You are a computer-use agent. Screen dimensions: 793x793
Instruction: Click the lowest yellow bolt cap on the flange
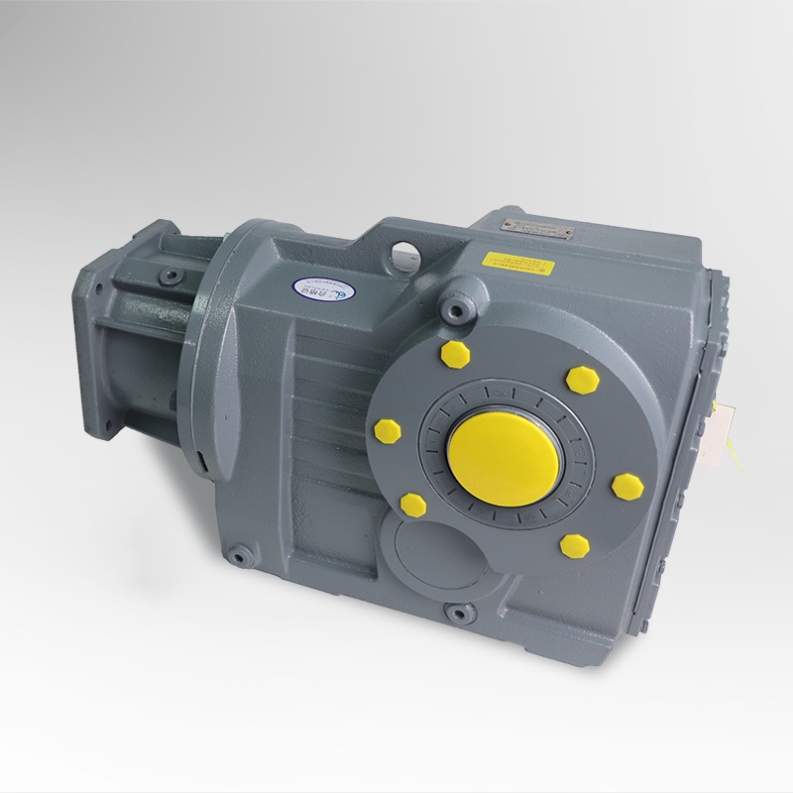[x=572, y=543]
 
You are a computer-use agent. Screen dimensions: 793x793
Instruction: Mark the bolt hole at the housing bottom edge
[x=457, y=614]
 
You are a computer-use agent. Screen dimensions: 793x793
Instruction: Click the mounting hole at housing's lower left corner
[x=238, y=554]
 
